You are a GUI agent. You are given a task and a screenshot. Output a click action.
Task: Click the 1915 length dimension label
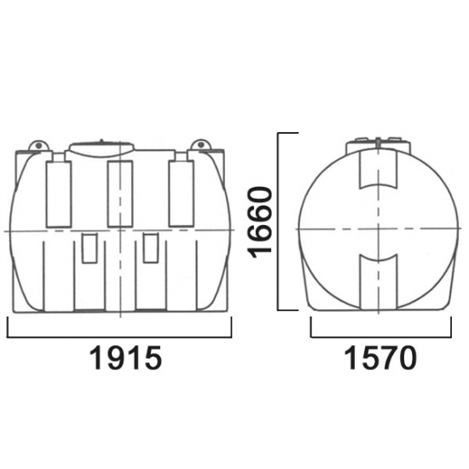tap(126, 358)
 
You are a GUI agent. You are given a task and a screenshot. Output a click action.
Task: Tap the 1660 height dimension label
tap(259, 223)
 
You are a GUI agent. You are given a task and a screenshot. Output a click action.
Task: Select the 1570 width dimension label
tap(380, 358)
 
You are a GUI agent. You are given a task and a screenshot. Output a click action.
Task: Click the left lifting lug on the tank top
tap(38, 145)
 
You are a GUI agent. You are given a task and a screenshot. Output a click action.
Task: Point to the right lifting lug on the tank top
tap(200, 145)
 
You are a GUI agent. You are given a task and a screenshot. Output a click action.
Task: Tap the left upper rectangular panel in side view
tap(59, 194)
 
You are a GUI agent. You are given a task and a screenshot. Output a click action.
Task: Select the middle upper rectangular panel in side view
tap(120, 194)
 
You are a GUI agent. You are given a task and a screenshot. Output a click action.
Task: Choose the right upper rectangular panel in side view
tap(182, 194)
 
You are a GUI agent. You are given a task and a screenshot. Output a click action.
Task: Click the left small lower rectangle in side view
tap(90, 248)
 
